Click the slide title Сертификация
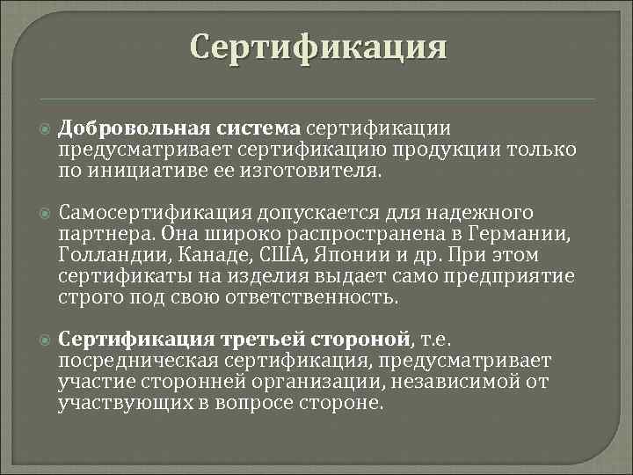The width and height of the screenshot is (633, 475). (318, 47)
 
